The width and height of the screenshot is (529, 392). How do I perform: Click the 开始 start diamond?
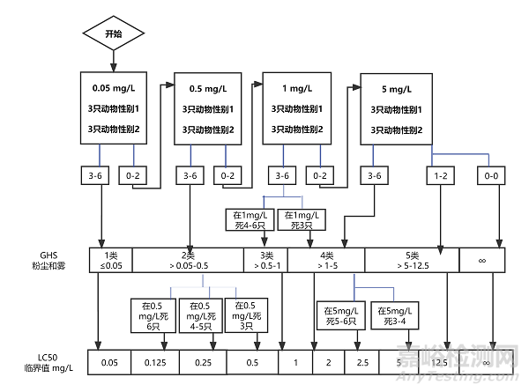pos(113,33)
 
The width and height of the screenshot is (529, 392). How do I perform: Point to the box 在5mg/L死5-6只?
pos(337,315)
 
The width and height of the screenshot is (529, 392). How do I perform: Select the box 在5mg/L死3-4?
pos(393,315)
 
